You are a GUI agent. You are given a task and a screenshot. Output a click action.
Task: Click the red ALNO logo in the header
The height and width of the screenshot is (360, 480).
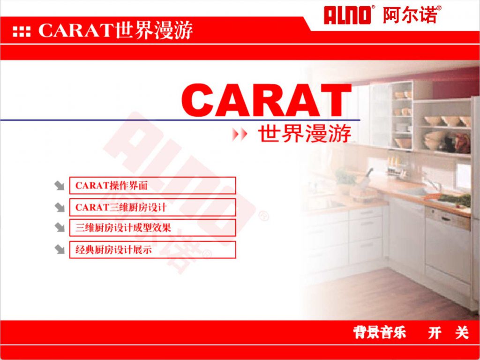[x=346, y=15]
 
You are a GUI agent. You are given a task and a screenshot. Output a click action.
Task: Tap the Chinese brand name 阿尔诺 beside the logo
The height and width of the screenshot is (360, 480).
[x=410, y=15]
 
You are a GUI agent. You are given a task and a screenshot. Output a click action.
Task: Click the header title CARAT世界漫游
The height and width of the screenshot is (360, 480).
[x=116, y=30]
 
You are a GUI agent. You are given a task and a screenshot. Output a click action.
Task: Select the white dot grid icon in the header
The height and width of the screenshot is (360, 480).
[x=22, y=31]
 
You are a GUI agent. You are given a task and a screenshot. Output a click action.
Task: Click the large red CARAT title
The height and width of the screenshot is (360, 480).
[x=266, y=100]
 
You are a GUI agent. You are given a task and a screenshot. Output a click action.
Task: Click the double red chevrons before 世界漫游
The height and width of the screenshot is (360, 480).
[x=239, y=135]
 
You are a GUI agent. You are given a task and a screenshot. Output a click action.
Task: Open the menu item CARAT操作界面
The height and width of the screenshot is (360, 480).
[x=152, y=186]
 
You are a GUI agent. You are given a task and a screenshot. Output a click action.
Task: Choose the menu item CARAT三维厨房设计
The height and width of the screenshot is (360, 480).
[x=152, y=207]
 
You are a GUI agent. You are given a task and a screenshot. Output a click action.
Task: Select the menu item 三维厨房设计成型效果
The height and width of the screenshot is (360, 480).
[x=152, y=228]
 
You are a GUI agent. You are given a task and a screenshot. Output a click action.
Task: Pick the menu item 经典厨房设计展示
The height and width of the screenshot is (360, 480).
[x=152, y=250]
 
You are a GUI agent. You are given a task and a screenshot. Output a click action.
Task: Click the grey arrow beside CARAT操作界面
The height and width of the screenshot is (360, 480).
[x=60, y=186]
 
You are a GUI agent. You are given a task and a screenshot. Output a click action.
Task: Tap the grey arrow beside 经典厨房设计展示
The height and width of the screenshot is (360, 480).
[x=60, y=249]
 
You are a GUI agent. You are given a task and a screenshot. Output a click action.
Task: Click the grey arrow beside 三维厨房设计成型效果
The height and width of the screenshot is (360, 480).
[x=60, y=227]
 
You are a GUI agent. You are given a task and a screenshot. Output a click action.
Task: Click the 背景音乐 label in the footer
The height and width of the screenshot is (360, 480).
[x=380, y=332]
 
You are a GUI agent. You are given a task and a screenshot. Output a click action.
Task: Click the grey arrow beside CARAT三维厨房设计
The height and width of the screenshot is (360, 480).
[x=60, y=207]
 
